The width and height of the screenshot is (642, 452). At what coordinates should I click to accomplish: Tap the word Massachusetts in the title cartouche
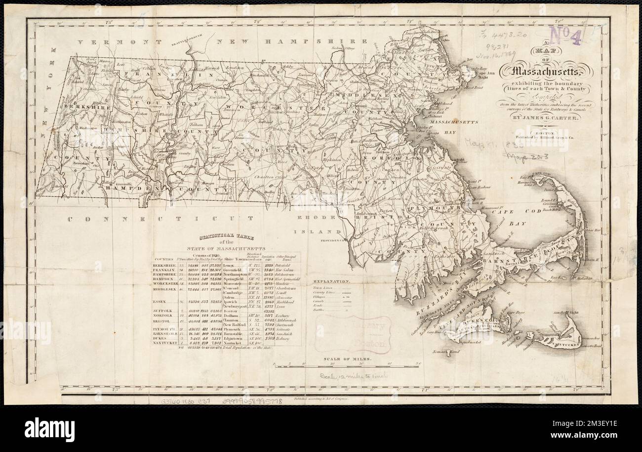[x=547, y=73]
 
